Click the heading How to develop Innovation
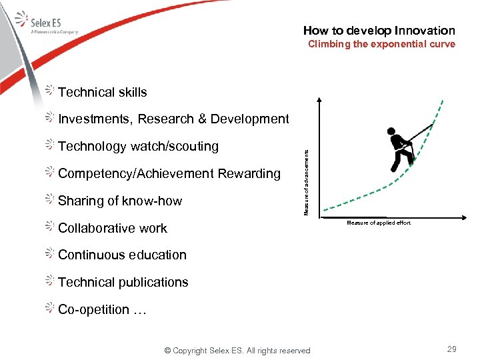(x=379, y=31)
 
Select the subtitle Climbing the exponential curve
(x=381, y=45)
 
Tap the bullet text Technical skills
(x=102, y=93)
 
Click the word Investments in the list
(x=95, y=119)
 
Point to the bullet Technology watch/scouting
(x=138, y=147)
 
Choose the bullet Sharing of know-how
(x=120, y=201)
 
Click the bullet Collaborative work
(x=113, y=229)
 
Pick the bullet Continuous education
(x=122, y=255)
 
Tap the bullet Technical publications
(x=123, y=283)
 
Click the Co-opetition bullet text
(x=102, y=310)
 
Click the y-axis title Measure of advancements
(x=306, y=181)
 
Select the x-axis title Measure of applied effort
(x=379, y=223)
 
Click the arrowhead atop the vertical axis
(x=319, y=101)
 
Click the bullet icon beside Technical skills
(x=51, y=91)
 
